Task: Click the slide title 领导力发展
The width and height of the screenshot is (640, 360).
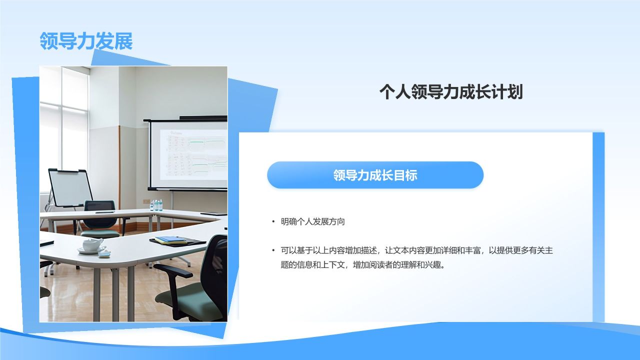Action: coord(86,41)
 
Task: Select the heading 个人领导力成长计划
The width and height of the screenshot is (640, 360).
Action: coord(450,92)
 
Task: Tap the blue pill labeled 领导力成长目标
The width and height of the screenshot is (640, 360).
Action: coord(375,175)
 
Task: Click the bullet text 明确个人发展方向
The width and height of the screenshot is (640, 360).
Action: coord(312,222)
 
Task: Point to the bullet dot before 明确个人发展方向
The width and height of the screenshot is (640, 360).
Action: coord(273,222)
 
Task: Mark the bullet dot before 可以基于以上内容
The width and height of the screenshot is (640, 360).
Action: coord(273,250)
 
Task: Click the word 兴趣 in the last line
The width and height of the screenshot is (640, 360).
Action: coord(436,265)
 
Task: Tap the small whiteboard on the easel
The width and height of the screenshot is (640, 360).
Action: coord(70,187)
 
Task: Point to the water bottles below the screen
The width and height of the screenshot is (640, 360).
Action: coord(156,204)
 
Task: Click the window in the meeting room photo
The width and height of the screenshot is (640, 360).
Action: coord(62,125)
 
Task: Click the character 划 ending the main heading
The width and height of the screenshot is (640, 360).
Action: coord(515,92)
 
